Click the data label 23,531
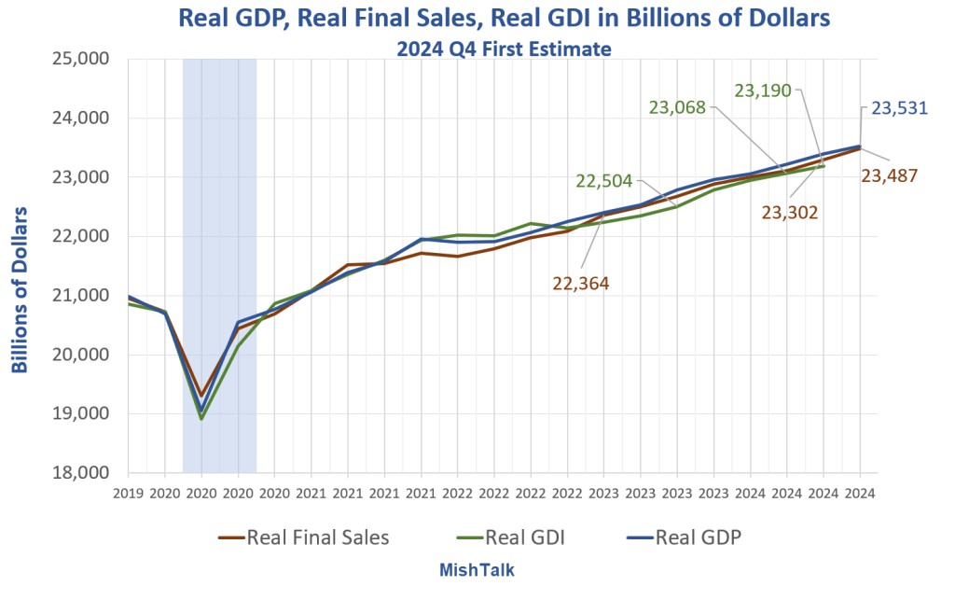point(899,108)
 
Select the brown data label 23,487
point(889,174)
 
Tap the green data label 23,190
point(763,91)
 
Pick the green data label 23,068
point(677,107)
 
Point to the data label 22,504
point(604,181)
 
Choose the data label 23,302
point(790,213)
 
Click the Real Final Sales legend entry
point(304,537)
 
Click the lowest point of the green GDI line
point(201,419)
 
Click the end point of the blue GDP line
point(860,146)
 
